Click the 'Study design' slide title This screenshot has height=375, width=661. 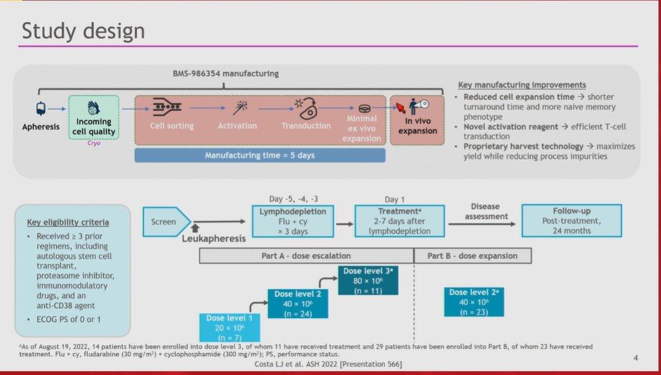[83, 31]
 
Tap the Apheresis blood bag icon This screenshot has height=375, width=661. [41, 109]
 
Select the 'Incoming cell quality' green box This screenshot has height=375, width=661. [94, 117]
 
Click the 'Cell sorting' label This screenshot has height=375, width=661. [172, 125]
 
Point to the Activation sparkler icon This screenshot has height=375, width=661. [240, 107]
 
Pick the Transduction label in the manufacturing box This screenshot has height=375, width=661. [306, 125]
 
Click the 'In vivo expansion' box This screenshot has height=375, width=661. [417, 120]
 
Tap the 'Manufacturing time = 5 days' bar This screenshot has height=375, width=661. [260, 155]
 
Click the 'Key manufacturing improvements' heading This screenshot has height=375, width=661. [522, 85]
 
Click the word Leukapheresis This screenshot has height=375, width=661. [214, 239]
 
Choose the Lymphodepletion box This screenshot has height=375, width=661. [292, 221]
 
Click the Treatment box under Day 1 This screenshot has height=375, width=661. [399, 221]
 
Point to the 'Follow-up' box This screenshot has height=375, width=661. [571, 221]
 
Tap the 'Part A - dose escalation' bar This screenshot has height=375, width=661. [307, 256]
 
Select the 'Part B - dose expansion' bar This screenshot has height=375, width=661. [473, 256]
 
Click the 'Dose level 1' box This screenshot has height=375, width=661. [229, 328]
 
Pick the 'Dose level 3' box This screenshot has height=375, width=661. [368, 281]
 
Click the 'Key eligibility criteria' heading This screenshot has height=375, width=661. [68, 222]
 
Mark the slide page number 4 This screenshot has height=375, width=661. [636, 358]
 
